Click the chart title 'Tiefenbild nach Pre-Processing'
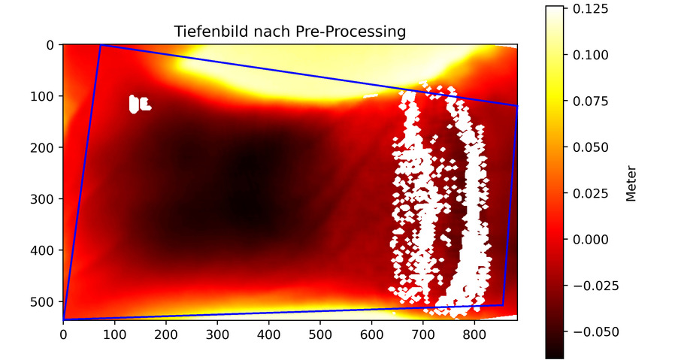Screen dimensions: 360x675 (290, 32)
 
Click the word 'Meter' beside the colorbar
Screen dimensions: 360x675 (631, 183)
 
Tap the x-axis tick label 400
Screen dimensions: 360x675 (268, 333)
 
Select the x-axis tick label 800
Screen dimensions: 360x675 (474, 333)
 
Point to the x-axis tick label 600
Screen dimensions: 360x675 (371, 333)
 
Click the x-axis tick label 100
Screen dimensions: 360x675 (114, 333)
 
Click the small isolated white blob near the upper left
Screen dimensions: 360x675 (136, 104)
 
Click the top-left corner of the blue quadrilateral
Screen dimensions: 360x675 (101, 46)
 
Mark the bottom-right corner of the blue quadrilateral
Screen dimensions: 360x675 (503, 305)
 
